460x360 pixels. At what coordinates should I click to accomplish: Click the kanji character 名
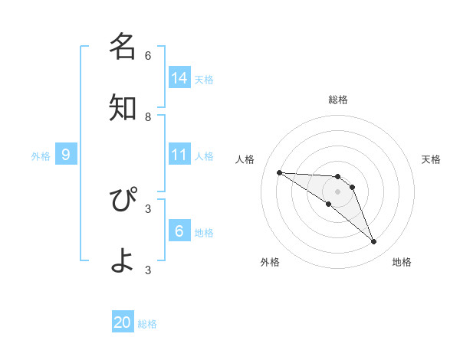pos(123,47)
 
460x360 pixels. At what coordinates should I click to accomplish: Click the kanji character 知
pos(123,108)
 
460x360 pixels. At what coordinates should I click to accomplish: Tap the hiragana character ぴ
pos(123,201)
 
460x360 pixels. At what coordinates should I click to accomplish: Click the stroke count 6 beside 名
pos(148,55)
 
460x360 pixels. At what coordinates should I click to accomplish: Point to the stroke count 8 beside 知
pos(148,116)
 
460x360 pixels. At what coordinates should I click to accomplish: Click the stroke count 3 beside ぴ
pos(148,208)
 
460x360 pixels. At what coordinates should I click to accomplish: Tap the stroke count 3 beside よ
pos(148,270)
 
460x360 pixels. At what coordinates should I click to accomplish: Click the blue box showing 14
pos(179,77)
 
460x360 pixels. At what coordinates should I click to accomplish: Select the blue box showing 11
pos(179,155)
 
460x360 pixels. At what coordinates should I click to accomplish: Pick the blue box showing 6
pos(179,230)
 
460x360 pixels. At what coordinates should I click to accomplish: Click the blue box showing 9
pos(66,155)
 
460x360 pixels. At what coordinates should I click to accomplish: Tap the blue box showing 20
pos(123,322)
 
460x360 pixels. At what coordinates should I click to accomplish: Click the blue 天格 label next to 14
pos(204,79)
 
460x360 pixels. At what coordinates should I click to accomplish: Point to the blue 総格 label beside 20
pos(147,324)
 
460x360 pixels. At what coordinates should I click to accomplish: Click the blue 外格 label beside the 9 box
pos(41,156)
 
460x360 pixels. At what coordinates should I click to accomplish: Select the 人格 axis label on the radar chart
pos(245,159)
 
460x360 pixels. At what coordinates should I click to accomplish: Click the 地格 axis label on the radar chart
pos(402,262)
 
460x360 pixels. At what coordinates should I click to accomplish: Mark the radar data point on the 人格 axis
pos(279,172)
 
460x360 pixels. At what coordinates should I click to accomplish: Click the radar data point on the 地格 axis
pos(373,242)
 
